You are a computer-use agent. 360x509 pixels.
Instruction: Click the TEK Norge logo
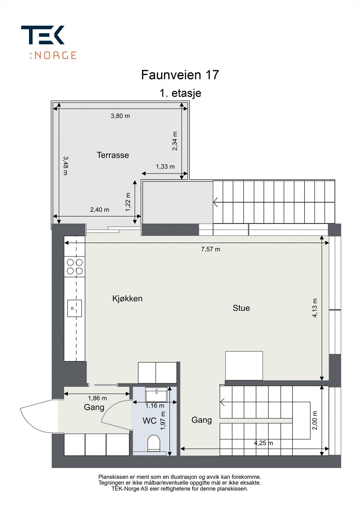(48, 42)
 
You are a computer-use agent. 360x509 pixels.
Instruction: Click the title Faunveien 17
(180, 75)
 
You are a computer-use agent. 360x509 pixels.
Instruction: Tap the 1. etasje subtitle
(180, 94)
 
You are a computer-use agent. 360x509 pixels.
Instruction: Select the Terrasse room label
(113, 155)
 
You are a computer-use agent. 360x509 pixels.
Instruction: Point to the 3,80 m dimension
(120, 116)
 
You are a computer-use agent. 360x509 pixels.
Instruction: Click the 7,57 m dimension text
(210, 249)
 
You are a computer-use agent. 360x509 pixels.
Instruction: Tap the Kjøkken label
(127, 299)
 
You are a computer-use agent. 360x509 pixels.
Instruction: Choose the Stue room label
(241, 308)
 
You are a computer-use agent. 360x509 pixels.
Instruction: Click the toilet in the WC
(154, 443)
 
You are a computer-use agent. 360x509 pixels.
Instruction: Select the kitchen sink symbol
(74, 308)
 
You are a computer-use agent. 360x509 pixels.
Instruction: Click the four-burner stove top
(74, 267)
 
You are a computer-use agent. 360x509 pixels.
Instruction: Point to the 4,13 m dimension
(315, 308)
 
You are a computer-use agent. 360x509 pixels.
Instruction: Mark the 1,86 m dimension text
(97, 398)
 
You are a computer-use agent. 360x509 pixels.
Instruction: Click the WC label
(149, 421)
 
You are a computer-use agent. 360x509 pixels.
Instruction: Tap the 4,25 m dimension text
(263, 443)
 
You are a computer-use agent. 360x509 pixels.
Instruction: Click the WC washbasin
(156, 394)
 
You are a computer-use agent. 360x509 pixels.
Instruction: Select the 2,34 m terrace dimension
(175, 141)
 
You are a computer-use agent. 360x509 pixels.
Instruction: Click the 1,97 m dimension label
(163, 421)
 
